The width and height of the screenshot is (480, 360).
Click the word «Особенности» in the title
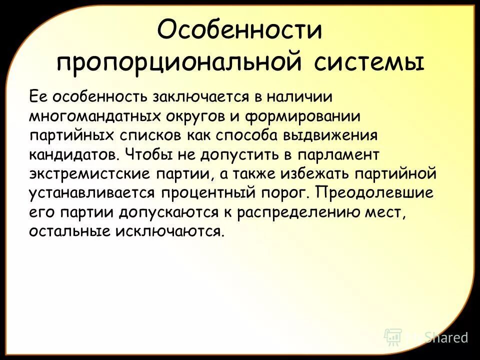(239, 31)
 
